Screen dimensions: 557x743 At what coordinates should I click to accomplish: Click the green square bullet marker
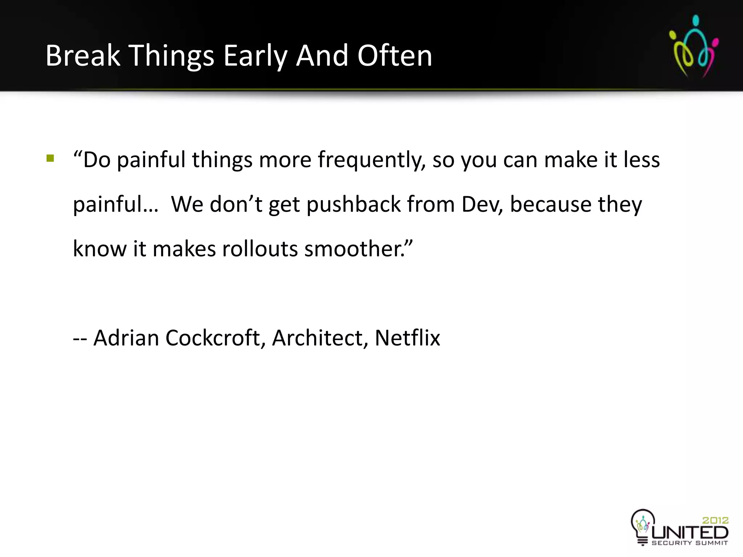(x=50, y=158)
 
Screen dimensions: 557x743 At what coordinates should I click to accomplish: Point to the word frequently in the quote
(x=372, y=160)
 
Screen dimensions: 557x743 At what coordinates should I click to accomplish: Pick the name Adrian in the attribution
(x=126, y=338)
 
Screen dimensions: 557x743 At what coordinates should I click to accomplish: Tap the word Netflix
(x=407, y=338)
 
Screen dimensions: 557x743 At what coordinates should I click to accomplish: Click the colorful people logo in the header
(x=693, y=46)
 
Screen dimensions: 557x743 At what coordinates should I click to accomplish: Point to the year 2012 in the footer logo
(x=715, y=520)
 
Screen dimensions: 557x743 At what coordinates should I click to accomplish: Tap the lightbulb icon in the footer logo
(x=643, y=526)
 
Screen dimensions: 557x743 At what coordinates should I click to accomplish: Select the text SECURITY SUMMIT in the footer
(x=690, y=543)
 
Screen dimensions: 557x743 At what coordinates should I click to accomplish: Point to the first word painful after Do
(x=151, y=160)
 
